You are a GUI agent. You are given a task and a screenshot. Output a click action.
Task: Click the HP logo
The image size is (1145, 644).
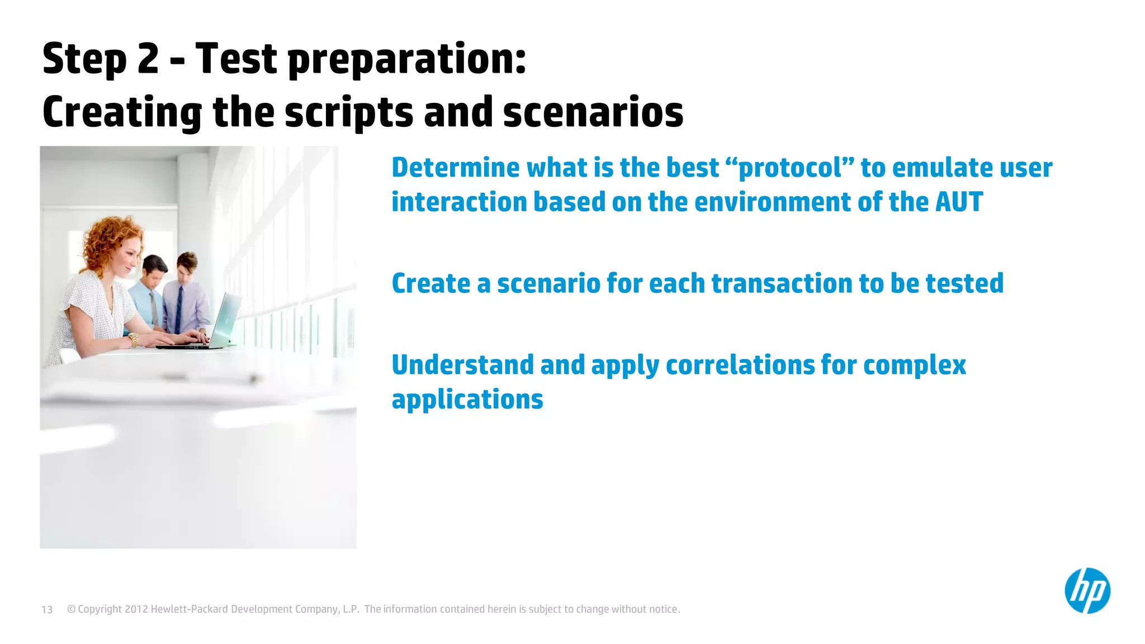click(1087, 591)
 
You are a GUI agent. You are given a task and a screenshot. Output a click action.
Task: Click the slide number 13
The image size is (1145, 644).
click(47, 610)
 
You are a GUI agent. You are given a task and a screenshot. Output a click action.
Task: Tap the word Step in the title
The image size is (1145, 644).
click(84, 59)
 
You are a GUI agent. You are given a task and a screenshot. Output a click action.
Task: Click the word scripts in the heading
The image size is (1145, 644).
click(349, 112)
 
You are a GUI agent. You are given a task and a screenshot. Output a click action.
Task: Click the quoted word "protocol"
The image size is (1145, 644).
click(789, 168)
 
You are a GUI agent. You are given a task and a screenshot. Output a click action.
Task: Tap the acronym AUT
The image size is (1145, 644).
click(959, 202)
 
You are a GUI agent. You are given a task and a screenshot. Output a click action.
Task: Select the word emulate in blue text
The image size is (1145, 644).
click(937, 168)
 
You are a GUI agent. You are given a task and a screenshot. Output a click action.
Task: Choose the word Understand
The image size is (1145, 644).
click(463, 365)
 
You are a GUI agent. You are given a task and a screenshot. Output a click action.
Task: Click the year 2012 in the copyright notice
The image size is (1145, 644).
click(136, 609)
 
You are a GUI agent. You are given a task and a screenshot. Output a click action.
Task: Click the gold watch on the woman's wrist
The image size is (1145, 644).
click(134, 339)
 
